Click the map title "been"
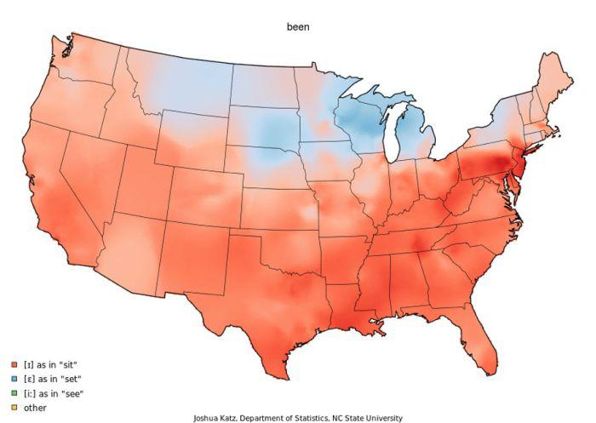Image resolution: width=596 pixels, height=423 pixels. tap(297, 27)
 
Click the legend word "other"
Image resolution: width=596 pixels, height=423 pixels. tap(36, 408)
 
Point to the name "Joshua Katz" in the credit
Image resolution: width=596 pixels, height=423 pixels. tap(215, 418)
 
